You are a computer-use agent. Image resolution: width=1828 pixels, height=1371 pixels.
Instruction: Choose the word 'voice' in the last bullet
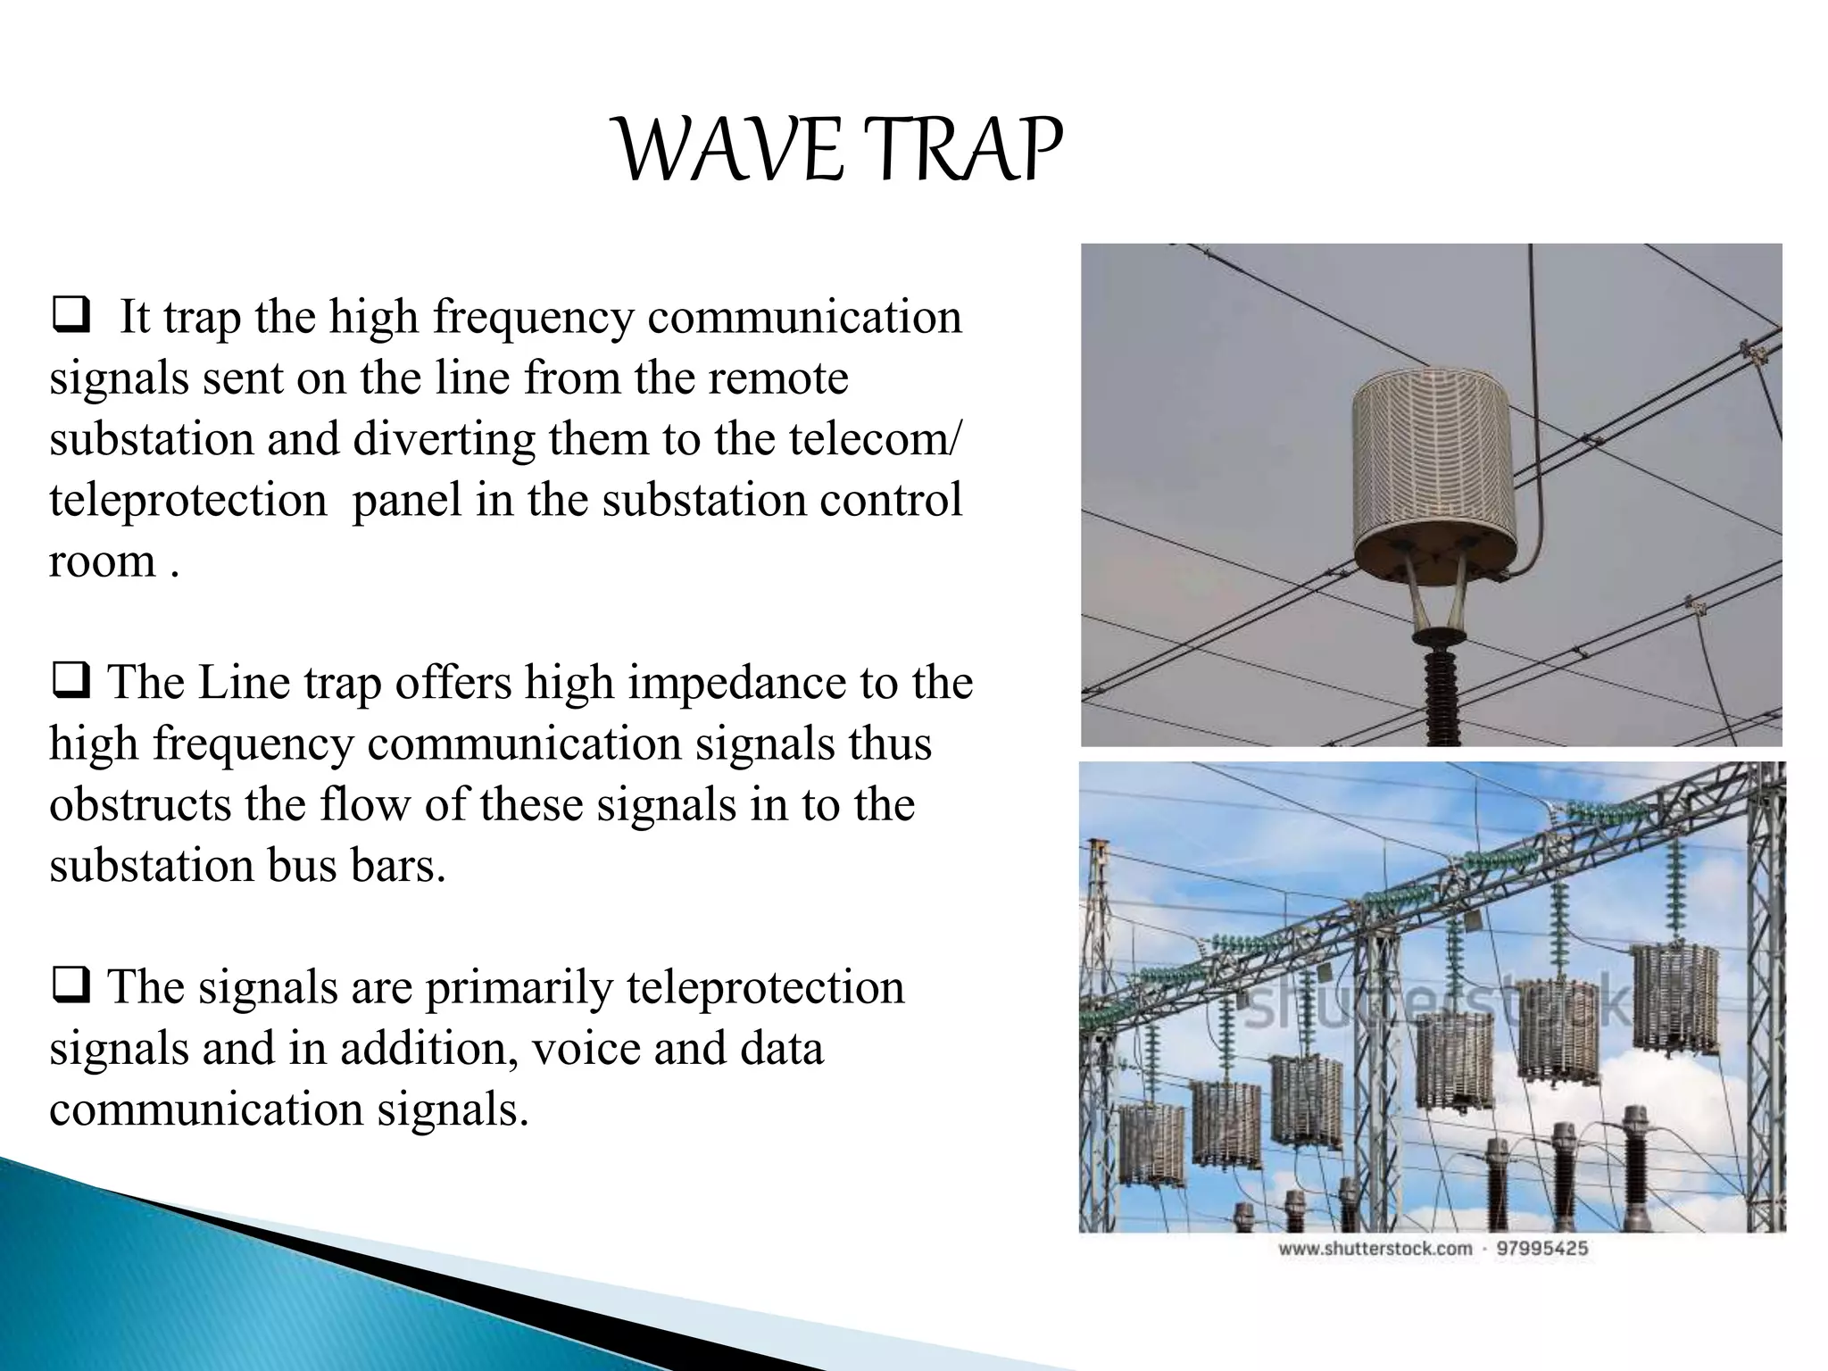pyautogui.click(x=586, y=1049)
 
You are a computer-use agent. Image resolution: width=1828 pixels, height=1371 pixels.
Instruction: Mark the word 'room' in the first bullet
pyautogui.click(x=102, y=562)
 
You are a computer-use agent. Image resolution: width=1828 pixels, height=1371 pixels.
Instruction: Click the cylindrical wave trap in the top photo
pyautogui.click(x=1432, y=473)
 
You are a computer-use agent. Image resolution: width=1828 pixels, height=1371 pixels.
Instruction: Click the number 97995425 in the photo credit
pyautogui.click(x=1541, y=1248)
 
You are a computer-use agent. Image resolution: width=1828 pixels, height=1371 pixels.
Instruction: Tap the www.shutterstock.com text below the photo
pyautogui.click(x=1375, y=1248)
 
